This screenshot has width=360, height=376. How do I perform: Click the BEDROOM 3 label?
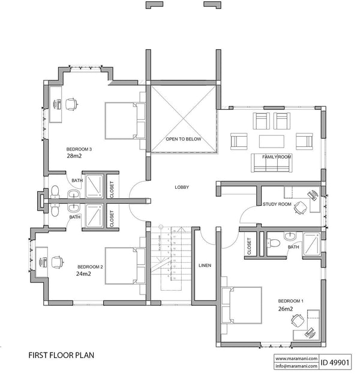pos(79,148)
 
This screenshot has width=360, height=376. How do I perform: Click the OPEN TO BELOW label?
pos(184,139)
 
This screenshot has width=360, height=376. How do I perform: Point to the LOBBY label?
pos(182,188)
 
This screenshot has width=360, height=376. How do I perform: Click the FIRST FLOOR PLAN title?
pos(60,355)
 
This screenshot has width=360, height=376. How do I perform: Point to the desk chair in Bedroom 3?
pos(71,104)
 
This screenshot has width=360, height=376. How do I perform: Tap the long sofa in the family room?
pos(270,162)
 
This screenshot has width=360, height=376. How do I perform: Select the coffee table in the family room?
pos(272,141)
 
